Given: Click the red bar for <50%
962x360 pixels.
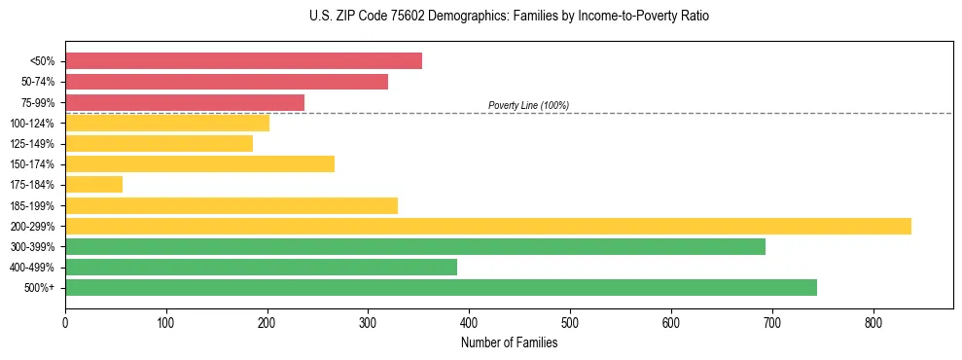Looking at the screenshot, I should (243, 61).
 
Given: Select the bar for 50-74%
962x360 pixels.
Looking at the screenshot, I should (227, 82).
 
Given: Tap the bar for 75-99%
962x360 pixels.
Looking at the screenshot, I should (185, 102).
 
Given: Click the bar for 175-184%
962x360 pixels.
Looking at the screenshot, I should (93, 185).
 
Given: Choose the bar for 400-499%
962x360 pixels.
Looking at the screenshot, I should (261, 267).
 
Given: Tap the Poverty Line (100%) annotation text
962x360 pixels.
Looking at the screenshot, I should (528, 105).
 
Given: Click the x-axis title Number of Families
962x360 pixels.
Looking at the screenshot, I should (509, 342).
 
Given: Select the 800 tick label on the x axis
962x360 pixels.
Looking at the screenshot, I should (873, 322).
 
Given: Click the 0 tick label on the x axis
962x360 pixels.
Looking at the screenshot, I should (65, 322).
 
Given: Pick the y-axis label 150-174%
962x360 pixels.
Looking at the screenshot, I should (32, 164).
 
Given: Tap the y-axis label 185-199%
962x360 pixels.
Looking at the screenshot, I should (32, 205).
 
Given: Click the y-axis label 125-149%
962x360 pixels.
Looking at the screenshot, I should (32, 144).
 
